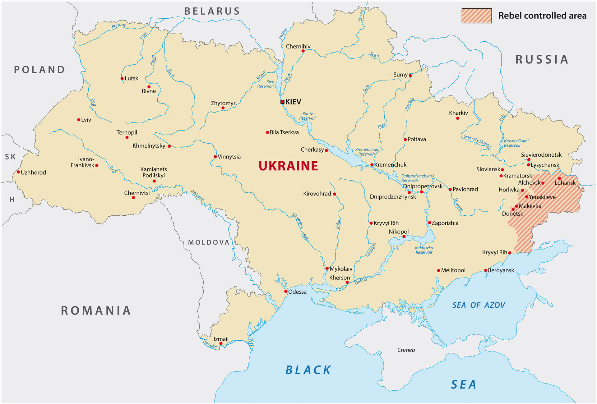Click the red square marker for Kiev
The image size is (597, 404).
282,102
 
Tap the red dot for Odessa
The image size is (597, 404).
286,292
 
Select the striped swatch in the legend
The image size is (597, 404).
476,16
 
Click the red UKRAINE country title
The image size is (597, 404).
288,166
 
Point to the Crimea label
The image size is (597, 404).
406,350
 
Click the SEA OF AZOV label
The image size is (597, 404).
479,305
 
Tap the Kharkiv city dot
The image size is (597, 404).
457,118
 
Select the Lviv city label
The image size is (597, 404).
86,120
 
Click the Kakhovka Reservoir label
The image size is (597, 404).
424,250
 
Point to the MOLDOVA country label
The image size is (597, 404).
209,242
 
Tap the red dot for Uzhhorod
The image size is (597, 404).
18,172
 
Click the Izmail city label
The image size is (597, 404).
221,339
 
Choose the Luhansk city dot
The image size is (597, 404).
559,178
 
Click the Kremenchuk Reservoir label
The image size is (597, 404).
367,152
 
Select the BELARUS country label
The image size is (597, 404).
212,11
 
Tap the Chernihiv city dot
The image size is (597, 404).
303,51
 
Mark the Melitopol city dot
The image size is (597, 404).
438,270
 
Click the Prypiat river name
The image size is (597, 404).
119,25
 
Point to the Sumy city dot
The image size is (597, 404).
410,76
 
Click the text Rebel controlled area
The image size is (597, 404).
542,16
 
